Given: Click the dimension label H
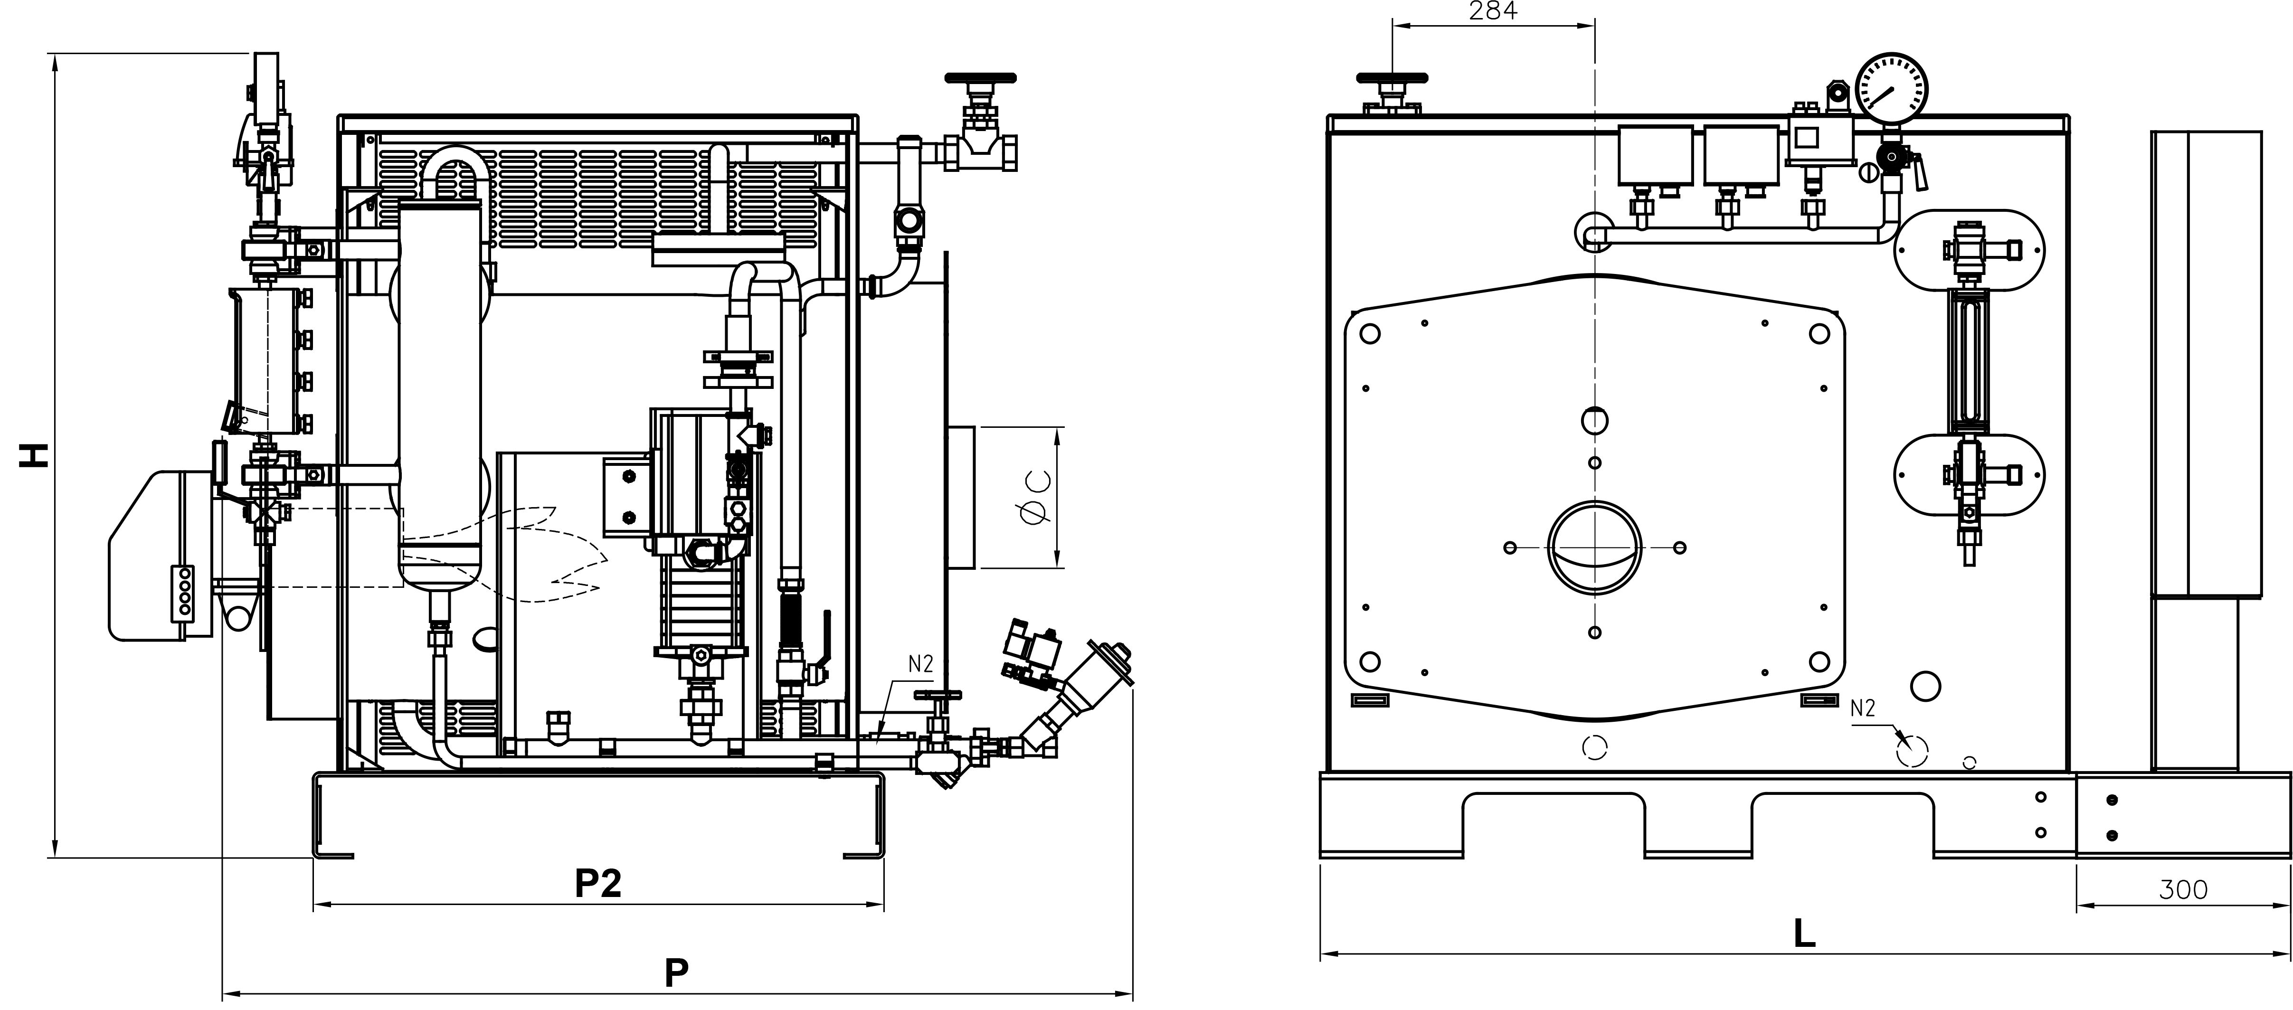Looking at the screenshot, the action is pyautogui.click(x=34, y=455).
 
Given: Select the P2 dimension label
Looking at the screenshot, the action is pyautogui.click(x=598, y=884).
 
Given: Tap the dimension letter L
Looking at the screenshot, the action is pyautogui.click(x=1804, y=933).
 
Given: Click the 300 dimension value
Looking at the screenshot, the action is pyautogui.click(x=2183, y=890).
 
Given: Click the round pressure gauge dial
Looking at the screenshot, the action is pyautogui.click(x=1893, y=87).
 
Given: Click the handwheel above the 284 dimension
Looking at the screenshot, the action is pyautogui.click(x=1392, y=78).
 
